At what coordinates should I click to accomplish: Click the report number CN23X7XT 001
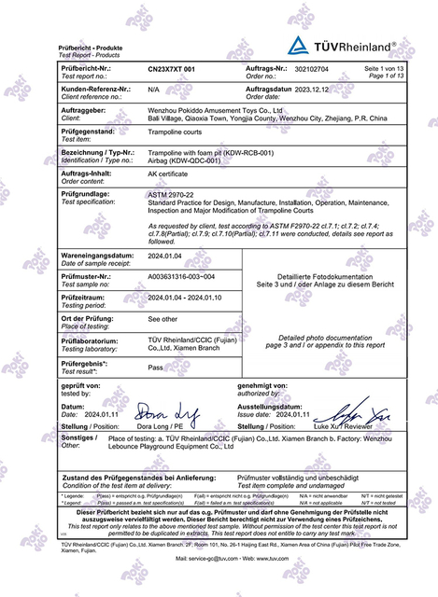point(172,70)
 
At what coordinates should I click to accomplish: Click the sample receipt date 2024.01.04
point(168,255)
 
